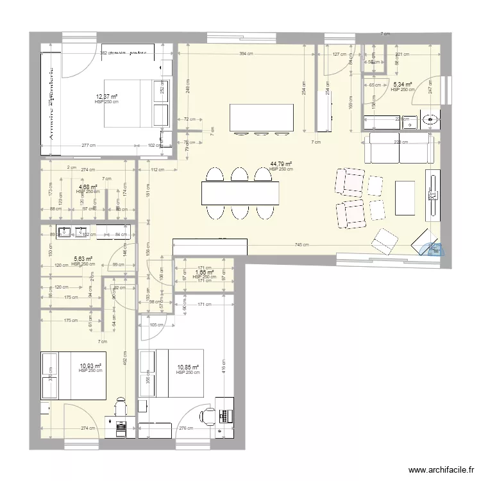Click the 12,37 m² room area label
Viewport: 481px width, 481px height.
click(x=106, y=96)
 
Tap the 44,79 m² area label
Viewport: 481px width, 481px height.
click(x=281, y=164)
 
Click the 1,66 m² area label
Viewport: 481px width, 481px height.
click(x=205, y=273)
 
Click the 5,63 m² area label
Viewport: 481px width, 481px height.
click(x=83, y=259)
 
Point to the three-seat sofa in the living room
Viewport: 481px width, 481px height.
click(x=398, y=149)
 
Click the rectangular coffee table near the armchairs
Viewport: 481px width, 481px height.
click(x=405, y=198)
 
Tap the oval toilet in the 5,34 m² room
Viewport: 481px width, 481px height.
click(x=432, y=118)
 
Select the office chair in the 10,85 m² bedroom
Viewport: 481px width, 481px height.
click(x=207, y=417)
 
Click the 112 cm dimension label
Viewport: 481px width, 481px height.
click(x=156, y=170)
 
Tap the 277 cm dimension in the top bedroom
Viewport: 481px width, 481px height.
click(x=89, y=146)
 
